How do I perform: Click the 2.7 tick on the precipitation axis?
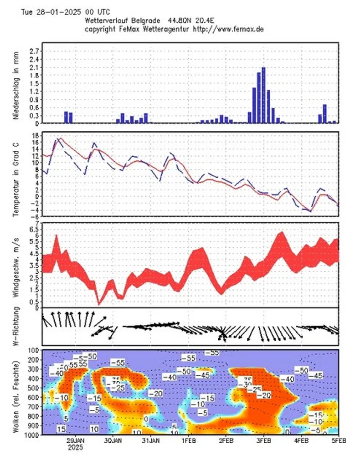click(34, 51)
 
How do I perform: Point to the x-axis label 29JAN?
click(75, 441)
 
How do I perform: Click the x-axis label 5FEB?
click(338, 441)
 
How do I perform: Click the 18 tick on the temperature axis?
click(35, 135)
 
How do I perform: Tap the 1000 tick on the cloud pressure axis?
click(32, 435)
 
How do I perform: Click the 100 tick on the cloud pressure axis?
click(34, 350)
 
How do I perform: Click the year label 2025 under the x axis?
click(75, 447)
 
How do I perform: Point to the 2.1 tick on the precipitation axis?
click(34, 67)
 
